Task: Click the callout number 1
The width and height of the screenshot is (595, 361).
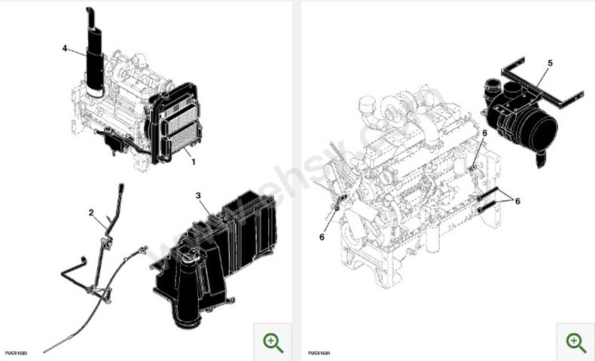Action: coord(193,161)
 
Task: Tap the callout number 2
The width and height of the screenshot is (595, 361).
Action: coord(92,213)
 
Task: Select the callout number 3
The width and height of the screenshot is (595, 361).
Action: coord(198,196)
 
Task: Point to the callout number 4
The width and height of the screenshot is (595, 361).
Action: coord(65,48)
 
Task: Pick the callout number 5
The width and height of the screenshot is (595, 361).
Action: coord(550,63)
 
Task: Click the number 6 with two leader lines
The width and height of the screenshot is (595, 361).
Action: coord(517,200)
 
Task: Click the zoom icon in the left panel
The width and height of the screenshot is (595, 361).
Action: coord(273,341)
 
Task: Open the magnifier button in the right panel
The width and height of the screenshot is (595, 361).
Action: coord(575,341)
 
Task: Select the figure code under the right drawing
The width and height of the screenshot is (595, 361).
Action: coord(319,352)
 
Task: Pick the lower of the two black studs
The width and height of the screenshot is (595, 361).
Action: coord(490,204)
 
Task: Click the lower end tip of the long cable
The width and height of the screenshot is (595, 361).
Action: coord(46,350)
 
